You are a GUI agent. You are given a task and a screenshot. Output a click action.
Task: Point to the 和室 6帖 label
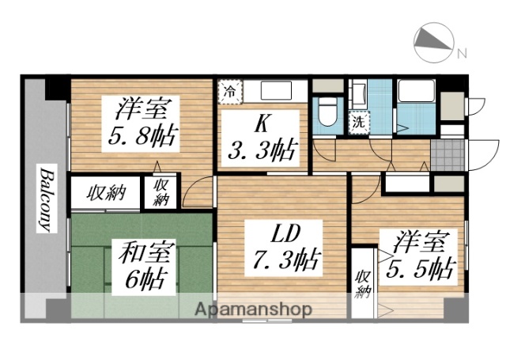pyautogui.click(x=143, y=266)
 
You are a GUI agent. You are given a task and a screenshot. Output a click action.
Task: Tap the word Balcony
pyautogui.click(x=46, y=198)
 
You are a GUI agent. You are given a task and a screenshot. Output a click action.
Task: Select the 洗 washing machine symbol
pyautogui.click(x=359, y=123)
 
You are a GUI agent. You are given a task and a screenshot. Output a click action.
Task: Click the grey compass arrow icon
pyautogui.click(x=432, y=39)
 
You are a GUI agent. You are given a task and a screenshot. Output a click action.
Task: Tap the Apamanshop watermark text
pyautogui.click(x=261, y=309)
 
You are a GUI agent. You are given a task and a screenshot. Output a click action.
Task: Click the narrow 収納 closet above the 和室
pyautogui.click(x=161, y=193)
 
